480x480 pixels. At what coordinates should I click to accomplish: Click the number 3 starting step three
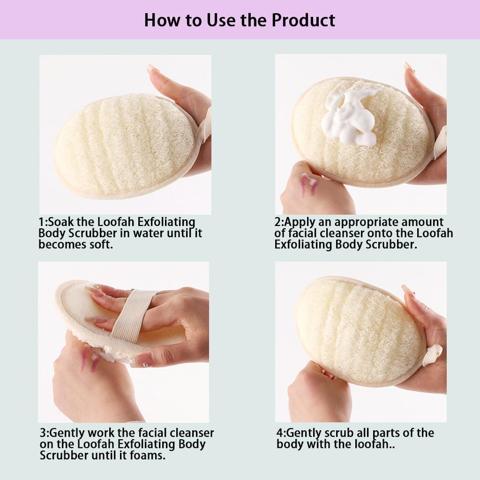[42, 433]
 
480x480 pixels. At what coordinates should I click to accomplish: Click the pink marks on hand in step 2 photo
[309, 184]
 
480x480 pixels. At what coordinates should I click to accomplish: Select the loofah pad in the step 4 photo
[359, 330]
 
